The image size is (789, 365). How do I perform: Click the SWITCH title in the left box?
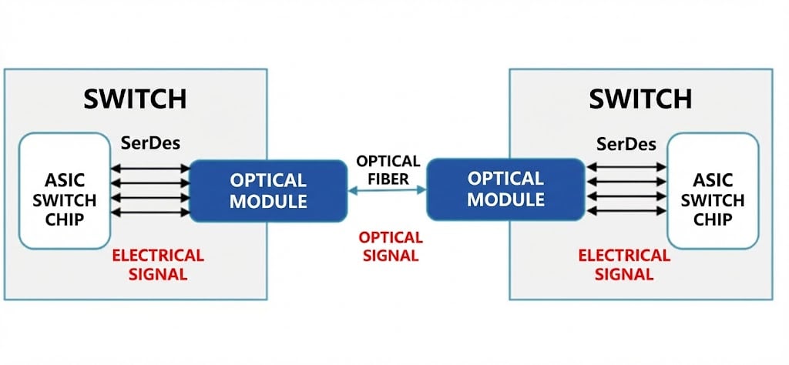[x=135, y=99]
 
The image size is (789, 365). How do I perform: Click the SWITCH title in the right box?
[x=640, y=99]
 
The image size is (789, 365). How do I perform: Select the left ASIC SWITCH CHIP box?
[x=65, y=190]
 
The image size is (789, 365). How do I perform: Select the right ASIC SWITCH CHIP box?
[x=713, y=190]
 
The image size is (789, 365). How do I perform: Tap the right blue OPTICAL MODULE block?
[x=506, y=189]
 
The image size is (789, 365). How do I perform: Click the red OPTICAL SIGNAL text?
[x=391, y=246]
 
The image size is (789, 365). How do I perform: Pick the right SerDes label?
[x=626, y=144]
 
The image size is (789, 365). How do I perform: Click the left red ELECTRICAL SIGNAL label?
[x=157, y=264]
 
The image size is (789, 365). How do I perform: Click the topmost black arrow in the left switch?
[x=151, y=166]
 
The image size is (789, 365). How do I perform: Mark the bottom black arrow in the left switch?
[x=151, y=211]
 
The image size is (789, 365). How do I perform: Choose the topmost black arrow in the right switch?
[x=626, y=166]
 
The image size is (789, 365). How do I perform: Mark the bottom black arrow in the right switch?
[x=626, y=211]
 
